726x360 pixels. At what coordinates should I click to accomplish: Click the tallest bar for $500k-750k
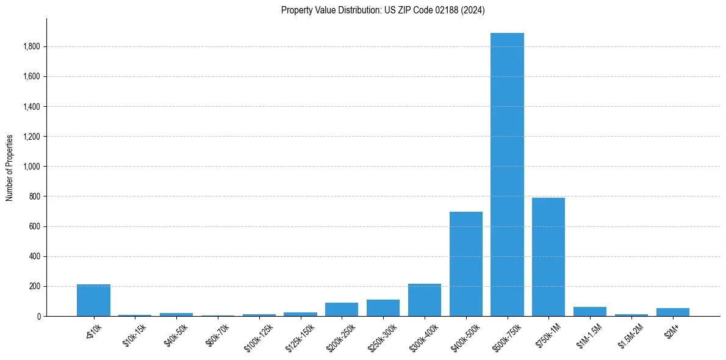(507, 175)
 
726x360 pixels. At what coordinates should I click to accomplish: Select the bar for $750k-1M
(548, 257)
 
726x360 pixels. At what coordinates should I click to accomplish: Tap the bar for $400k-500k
(466, 264)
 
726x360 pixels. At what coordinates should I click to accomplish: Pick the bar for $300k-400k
(425, 300)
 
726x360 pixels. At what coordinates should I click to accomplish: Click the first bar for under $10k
(93, 300)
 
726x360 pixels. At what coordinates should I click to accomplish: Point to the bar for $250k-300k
(383, 308)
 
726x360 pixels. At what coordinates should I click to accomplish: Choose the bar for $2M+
(673, 312)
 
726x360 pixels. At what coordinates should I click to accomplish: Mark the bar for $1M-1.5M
(590, 312)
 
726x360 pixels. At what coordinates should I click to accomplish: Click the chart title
(383, 10)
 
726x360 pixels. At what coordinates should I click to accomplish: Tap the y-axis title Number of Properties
(10, 167)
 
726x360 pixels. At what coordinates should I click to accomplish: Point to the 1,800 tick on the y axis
(32, 47)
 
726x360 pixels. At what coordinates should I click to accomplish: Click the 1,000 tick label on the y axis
(32, 167)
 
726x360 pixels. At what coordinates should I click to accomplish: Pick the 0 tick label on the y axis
(38, 316)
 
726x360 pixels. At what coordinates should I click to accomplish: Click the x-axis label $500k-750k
(505, 335)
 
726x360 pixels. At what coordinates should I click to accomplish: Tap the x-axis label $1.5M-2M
(630, 335)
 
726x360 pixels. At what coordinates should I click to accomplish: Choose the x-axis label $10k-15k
(134, 334)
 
